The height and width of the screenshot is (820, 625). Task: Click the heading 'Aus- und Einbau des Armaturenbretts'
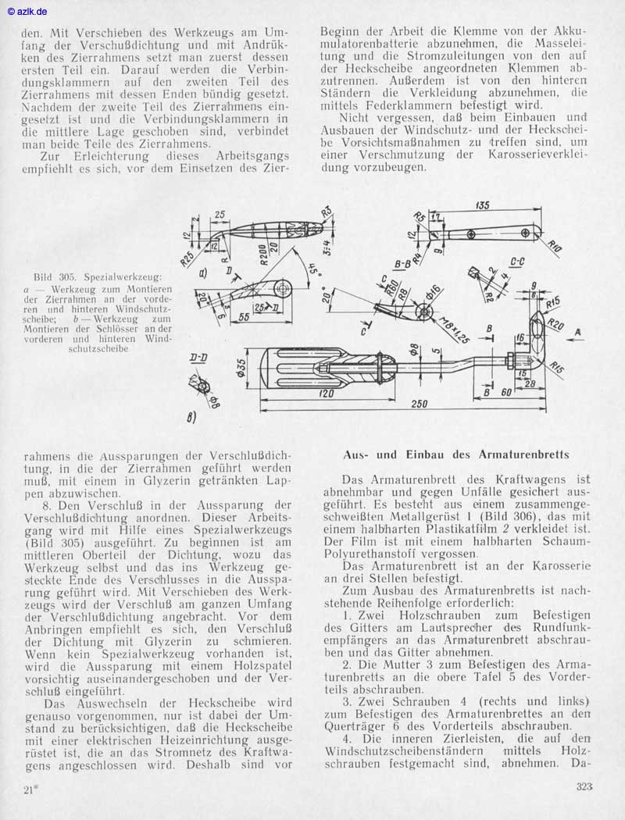456,455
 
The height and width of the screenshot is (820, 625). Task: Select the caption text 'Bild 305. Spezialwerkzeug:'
98,276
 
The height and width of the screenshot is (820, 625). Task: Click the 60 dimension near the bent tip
506,391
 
